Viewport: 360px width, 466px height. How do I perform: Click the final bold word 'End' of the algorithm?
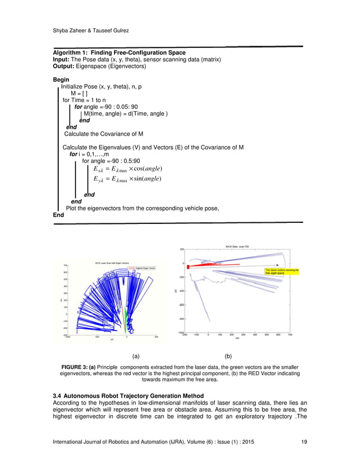(x=58, y=215)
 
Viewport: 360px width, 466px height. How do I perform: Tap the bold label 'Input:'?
(x=62, y=59)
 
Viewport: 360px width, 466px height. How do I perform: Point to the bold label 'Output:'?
(x=64, y=66)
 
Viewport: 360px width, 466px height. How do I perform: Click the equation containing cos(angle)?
(x=130, y=169)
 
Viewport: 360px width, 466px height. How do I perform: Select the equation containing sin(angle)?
(x=130, y=179)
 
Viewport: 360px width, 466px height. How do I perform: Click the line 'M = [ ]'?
(x=78, y=93)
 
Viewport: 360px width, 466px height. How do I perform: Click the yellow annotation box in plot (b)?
(x=283, y=272)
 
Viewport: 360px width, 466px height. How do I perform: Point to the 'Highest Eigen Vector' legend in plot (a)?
(x=146, y=269)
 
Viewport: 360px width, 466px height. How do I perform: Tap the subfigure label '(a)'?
(x=135, y=356)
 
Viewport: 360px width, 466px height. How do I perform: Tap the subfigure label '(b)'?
(x=228, y=356)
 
